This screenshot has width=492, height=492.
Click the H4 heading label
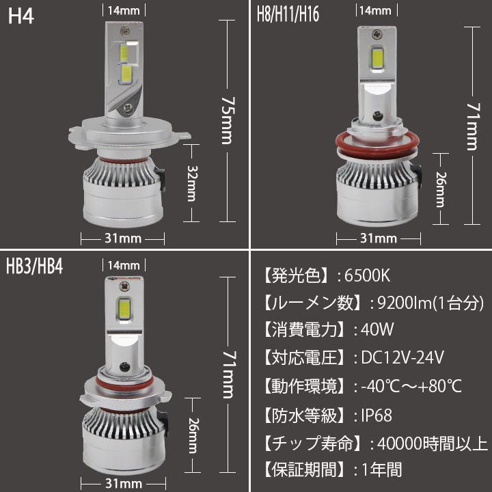click(x=20, y=16)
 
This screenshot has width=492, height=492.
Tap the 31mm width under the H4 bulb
click(x=123, y=238)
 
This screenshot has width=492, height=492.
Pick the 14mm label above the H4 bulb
click(x=124, y=10)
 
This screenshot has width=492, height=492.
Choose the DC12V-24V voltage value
click(x=403, y=357)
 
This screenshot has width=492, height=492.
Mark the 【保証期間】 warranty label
click(x=301, y=470)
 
